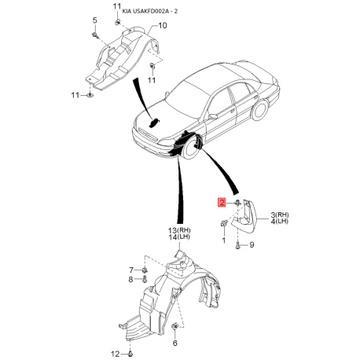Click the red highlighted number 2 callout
point(222,202)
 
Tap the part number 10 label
point(163,25)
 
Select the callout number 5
point(94,20)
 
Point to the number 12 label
point(115,354)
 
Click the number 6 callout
point(175,343)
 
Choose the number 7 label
point(131,270)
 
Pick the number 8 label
point(130,280)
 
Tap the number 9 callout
point(252,245)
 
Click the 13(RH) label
point(179,230)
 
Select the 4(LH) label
point(280,222)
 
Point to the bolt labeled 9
point(237,245)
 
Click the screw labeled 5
point(95,35)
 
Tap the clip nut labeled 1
point(223,224)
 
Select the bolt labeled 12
point(130,354)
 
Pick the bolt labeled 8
point(145,279)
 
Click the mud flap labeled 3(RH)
point(244,217)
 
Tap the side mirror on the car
point(213,116)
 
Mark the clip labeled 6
point(174,326)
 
